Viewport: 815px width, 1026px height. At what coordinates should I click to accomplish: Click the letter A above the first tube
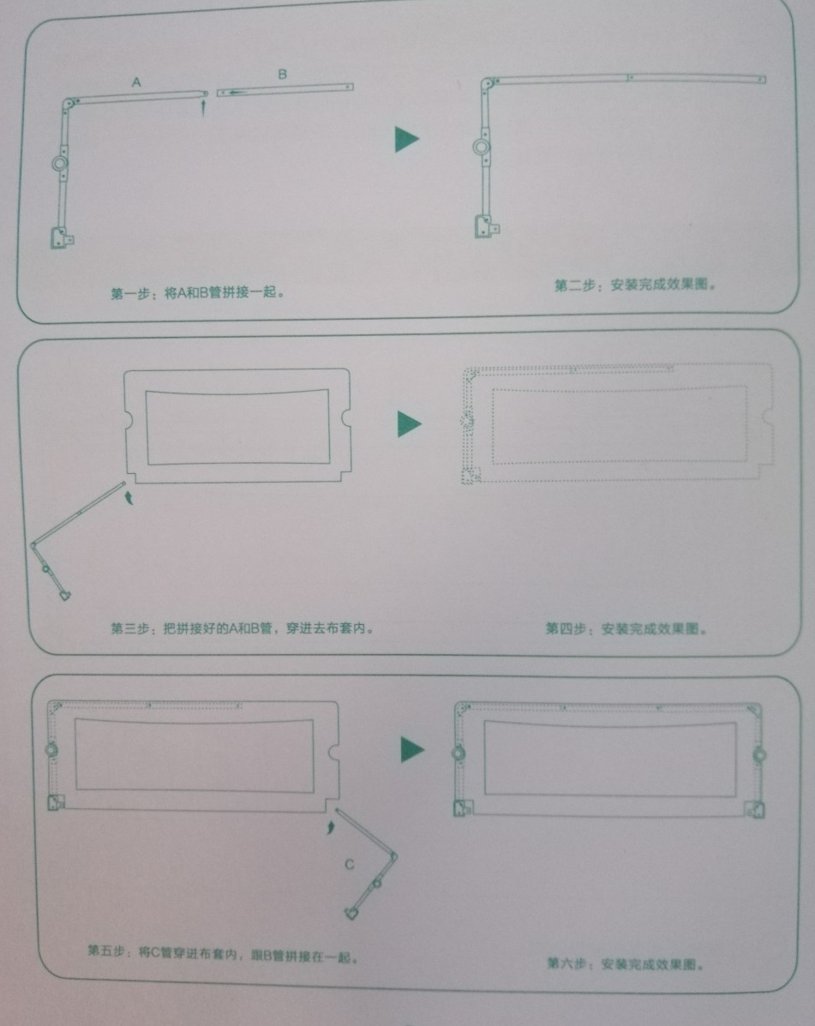136,81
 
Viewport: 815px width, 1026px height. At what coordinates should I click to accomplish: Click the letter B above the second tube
282,74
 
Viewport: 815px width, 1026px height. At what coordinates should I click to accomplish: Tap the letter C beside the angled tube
350,864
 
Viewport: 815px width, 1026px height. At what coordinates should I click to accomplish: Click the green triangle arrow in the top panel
406,140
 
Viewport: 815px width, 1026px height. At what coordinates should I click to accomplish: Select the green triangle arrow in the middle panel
410,424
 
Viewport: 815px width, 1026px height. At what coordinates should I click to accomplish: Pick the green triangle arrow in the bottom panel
412,750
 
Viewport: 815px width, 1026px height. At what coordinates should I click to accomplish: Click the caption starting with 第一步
197,292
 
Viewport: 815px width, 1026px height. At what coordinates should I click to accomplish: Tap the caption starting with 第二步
635,285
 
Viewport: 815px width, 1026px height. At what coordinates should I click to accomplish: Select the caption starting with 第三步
242,628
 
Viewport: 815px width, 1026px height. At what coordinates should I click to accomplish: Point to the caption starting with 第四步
626,629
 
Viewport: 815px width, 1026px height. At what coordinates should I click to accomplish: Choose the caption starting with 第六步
625,963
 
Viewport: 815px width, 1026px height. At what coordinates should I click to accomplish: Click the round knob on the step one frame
59,163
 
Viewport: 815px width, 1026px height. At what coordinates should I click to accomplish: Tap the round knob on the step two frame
482,147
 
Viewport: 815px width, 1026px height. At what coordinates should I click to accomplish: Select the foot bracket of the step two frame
487,226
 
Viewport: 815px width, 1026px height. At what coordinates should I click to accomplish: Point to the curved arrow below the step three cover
129,496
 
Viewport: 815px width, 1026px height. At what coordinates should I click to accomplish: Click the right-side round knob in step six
758,756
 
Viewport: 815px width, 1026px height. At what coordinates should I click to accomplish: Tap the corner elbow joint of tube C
393,856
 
